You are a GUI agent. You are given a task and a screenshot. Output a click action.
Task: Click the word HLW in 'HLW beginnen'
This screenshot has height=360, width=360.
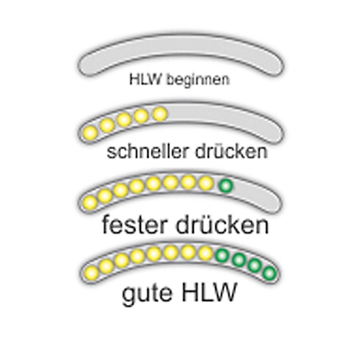coord(146,79)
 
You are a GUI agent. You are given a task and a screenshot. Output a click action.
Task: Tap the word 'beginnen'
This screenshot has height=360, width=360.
coord(198,80)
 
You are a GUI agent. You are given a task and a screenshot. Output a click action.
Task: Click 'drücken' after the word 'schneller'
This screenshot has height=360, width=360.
coord(231,152)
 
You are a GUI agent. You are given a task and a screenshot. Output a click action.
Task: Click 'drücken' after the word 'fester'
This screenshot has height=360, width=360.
coord(222,224)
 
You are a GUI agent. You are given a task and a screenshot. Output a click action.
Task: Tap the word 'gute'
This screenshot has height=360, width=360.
coord(147,293)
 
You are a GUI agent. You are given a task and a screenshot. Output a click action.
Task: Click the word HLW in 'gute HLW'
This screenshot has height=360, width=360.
coord(208,292)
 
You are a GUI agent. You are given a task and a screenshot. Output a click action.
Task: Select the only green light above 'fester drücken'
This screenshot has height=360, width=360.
coord(226,185)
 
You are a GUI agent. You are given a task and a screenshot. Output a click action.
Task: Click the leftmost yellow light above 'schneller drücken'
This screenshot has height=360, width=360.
coord(90,133)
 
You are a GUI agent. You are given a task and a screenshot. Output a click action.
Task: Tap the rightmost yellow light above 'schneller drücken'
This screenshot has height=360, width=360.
coord(160,114)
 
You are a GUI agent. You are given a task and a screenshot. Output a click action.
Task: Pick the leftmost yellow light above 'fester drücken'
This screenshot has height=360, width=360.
coord(90,202)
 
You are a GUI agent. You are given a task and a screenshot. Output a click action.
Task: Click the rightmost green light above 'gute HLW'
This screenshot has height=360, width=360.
coord(270,273)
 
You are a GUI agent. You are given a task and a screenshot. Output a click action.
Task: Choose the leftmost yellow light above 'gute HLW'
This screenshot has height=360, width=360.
coord(91,273)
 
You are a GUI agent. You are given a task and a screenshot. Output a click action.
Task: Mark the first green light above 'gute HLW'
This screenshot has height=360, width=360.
coord(222,255)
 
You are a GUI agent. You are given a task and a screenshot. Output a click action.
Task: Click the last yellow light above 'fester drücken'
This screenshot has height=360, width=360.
coord(206,183)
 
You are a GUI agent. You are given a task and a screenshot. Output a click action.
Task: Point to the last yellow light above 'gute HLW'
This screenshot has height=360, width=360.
coord(205,254)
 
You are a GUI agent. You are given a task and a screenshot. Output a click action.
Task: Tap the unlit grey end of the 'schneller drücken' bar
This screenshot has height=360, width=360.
coord(224,118)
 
